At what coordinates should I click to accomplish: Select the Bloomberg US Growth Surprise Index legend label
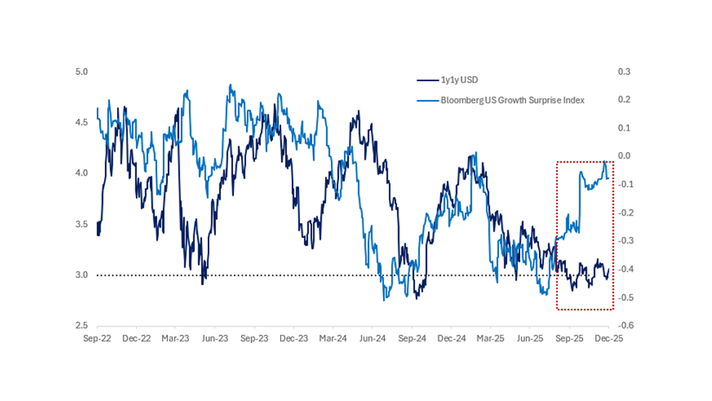click(512, 100)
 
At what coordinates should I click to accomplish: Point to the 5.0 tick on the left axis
click(81, 71)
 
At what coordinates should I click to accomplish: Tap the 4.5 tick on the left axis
click(81, 122)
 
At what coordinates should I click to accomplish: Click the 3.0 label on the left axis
click(81, 275)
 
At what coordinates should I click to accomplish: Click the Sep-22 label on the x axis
click(97, 338)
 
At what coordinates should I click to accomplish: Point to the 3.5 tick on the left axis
click(81, 224)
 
